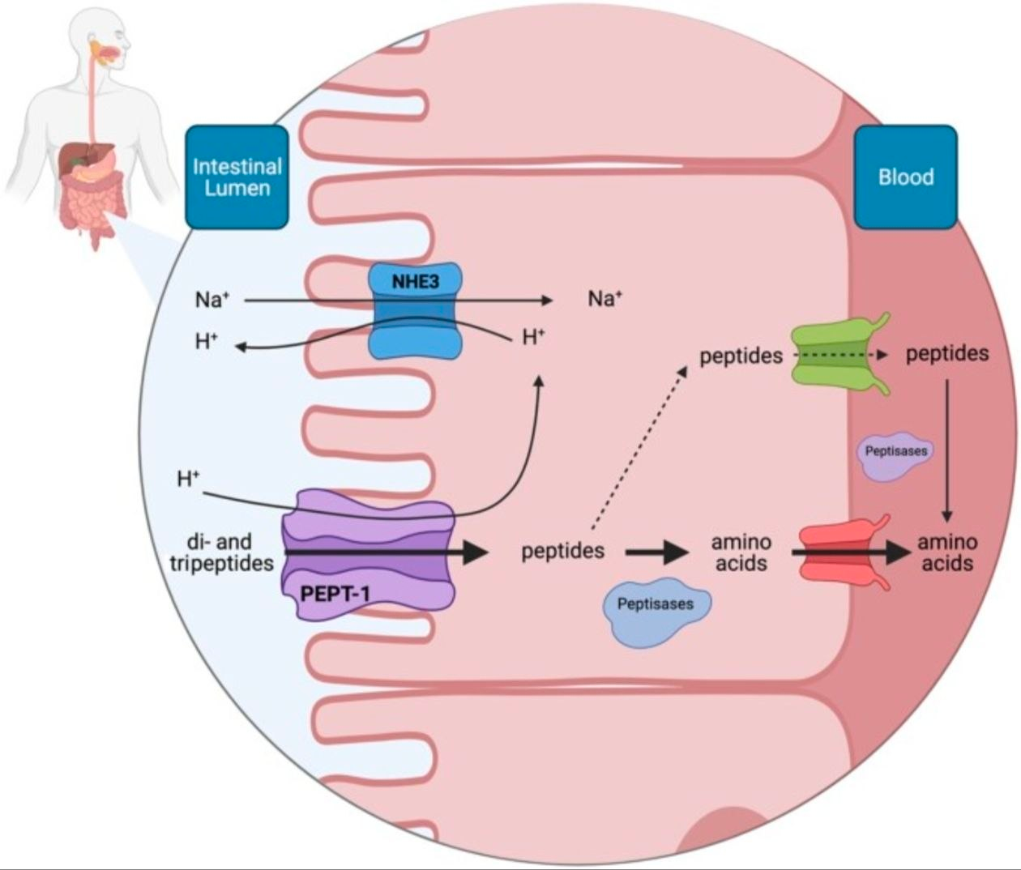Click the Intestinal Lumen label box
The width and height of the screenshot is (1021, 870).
tap(237, 177)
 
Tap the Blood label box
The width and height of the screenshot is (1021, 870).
tap(906, 177)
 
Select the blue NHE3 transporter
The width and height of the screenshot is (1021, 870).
tap(416, 310)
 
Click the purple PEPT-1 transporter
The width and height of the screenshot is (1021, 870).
tap(369, 554)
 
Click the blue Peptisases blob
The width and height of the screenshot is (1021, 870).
tap(656, 612)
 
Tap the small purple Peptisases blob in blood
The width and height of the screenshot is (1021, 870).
tap(896, 456)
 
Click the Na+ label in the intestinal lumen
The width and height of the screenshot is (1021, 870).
tap(212, 299)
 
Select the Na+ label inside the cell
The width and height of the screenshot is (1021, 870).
tap(605, 298)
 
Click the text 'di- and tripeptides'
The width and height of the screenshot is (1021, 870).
tap(222, 552)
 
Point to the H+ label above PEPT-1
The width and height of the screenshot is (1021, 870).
tap(188, 479)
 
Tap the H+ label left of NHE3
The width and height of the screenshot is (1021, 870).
tap(207, 341)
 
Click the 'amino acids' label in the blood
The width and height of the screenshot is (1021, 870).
tap(947, 552)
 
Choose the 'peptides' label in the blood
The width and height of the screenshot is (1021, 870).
tap(947, 353)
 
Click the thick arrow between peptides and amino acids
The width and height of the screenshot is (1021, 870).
tap(657, 552)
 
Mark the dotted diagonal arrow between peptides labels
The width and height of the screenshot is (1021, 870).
tap(639, 448)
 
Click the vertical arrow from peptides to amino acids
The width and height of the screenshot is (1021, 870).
tap(947, 450)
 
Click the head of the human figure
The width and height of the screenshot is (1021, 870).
tap(101, 37)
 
